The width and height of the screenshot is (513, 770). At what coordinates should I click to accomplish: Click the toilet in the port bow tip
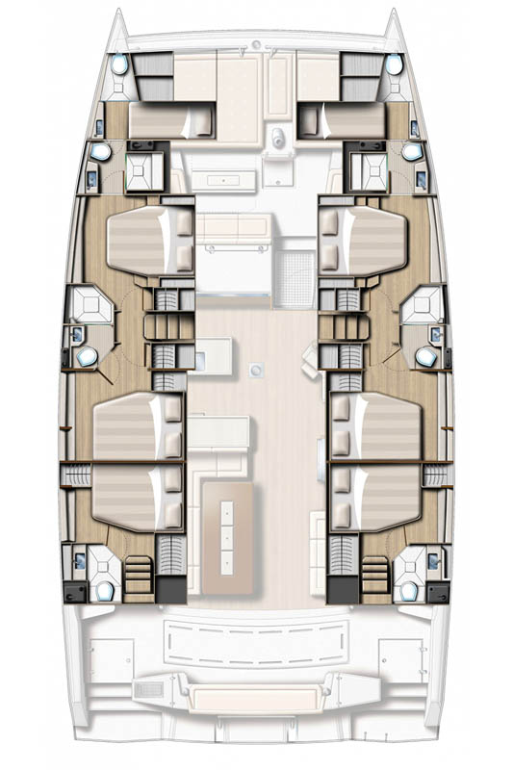click(x=119, y=65)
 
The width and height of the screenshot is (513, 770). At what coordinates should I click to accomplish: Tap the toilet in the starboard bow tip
click(x=393, y=65)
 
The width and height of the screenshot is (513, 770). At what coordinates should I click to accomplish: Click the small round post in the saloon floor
click(x=257, y=370)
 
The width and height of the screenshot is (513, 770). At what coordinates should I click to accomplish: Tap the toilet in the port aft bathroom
click(x=103, y=589)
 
